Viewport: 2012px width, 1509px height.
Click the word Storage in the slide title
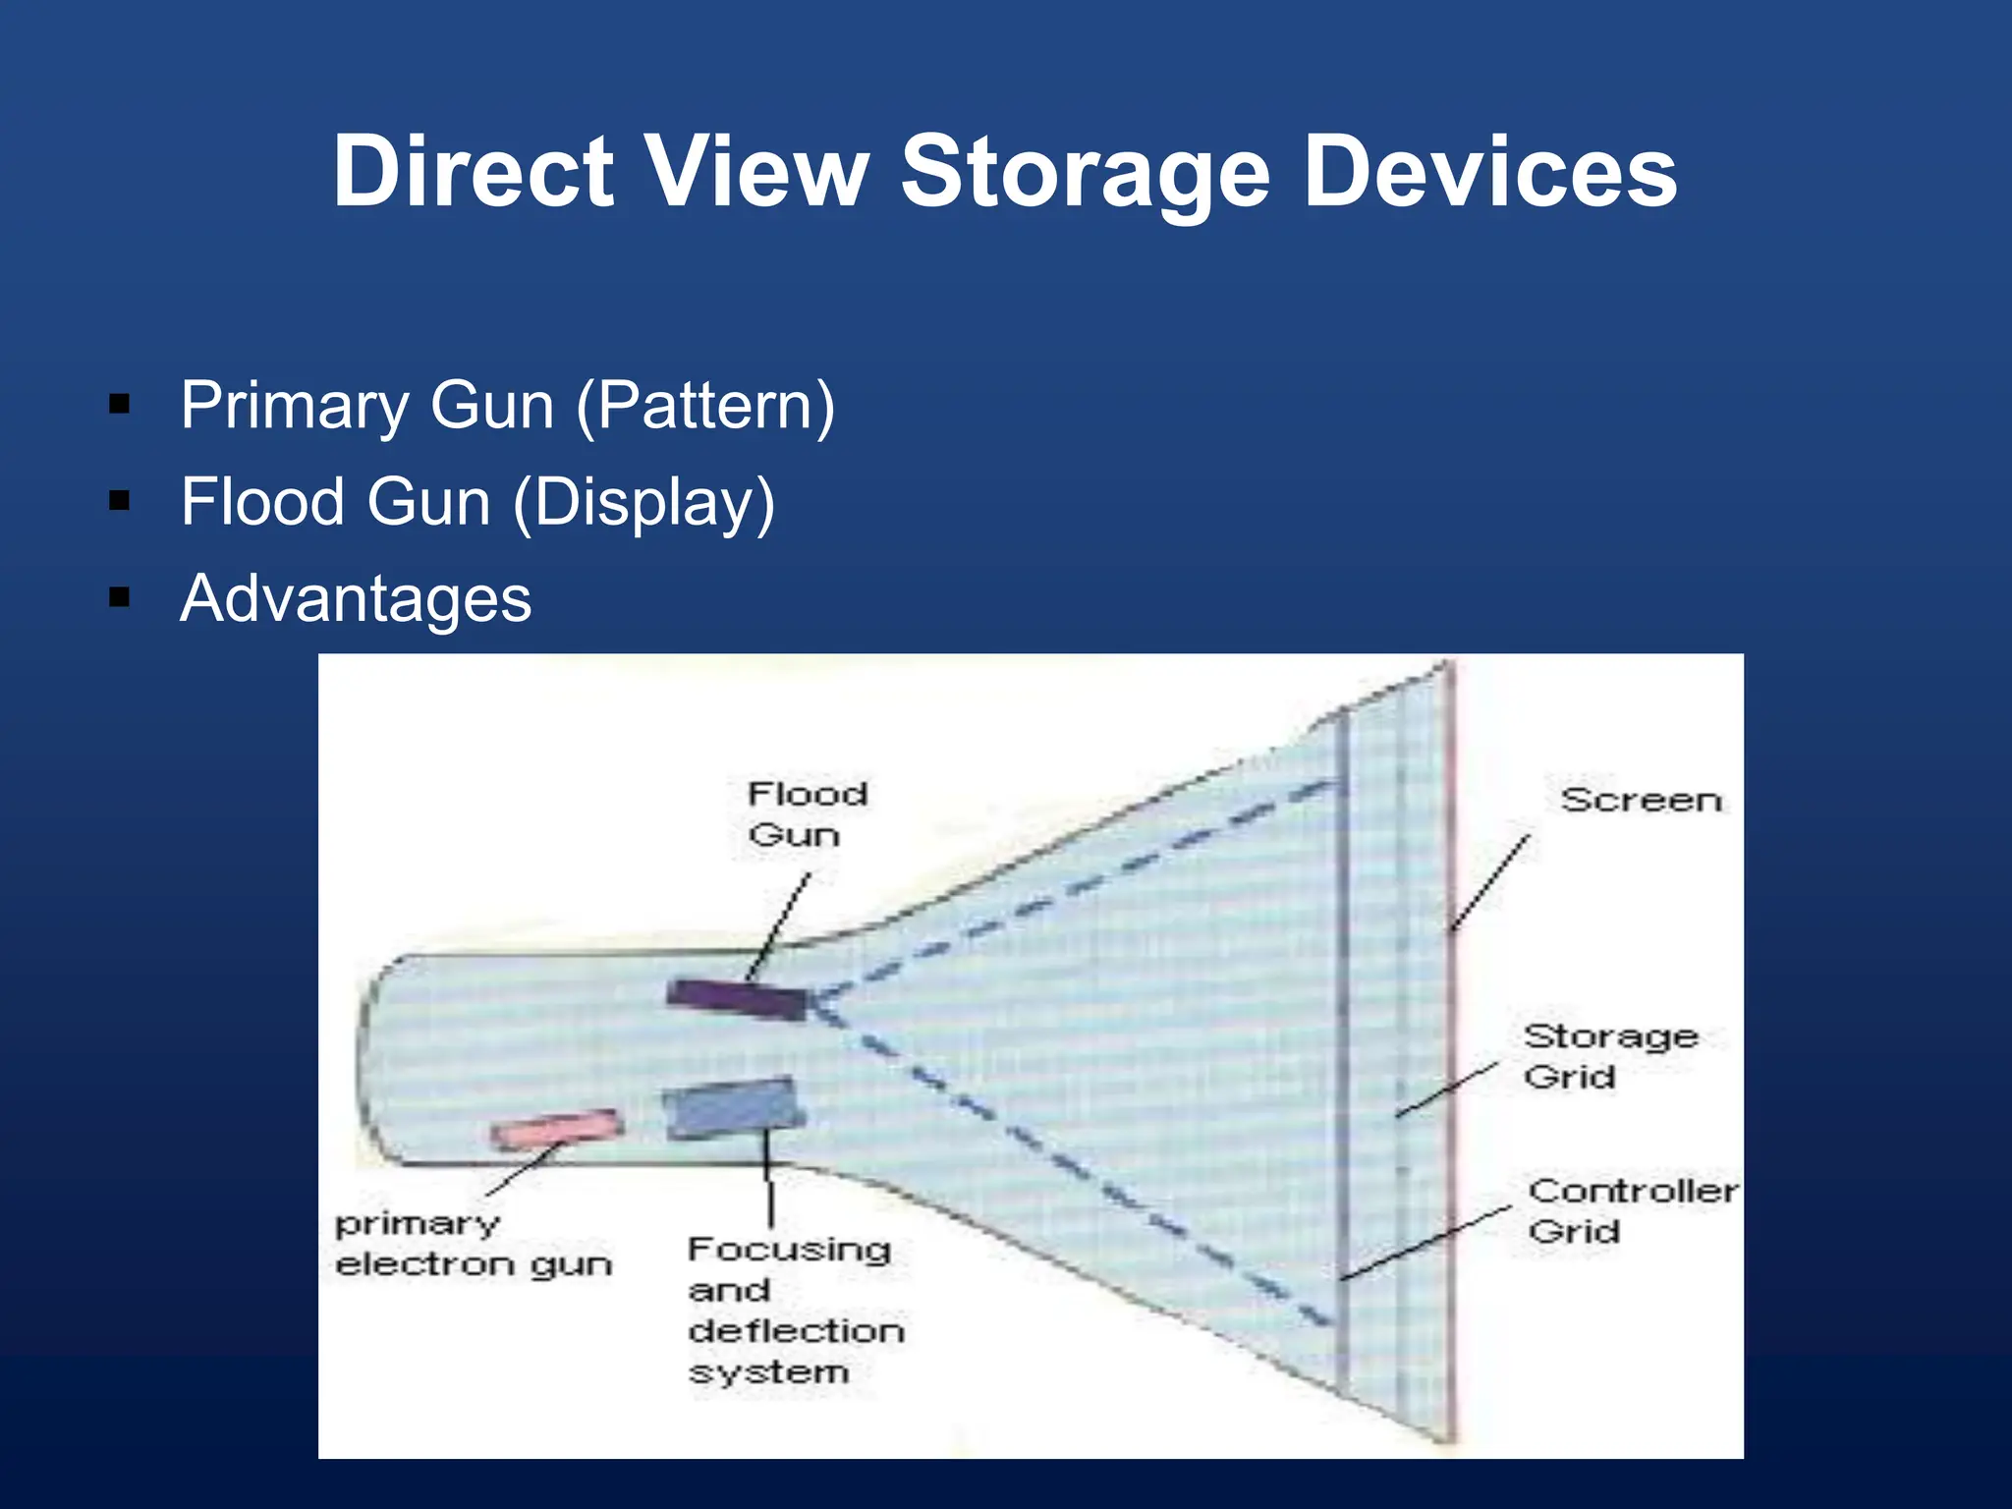(1086, 172)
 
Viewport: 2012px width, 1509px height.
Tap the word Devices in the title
(1490, 172)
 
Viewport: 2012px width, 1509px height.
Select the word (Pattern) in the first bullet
(705, 406)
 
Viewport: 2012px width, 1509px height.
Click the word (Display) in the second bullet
(644, 502)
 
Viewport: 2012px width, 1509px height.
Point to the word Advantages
(356, 598)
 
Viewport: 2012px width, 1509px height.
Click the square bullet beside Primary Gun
(120, 404)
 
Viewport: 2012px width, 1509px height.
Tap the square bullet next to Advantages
(120, 597)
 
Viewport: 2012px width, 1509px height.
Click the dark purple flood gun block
(735, 999)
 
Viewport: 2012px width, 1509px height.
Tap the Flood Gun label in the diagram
(806, 814)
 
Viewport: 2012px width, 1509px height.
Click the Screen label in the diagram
(1641, 801)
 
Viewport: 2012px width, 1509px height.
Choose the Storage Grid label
(1608, 1056)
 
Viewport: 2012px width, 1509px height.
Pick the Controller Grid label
(1631, 1210)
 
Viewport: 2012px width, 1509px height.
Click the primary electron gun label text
(472, 1244)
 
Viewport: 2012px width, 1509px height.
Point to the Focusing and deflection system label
(794, 1310)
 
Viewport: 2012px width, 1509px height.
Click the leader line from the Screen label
(1489, 882)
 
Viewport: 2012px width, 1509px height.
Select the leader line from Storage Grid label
(1447, 1090)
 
